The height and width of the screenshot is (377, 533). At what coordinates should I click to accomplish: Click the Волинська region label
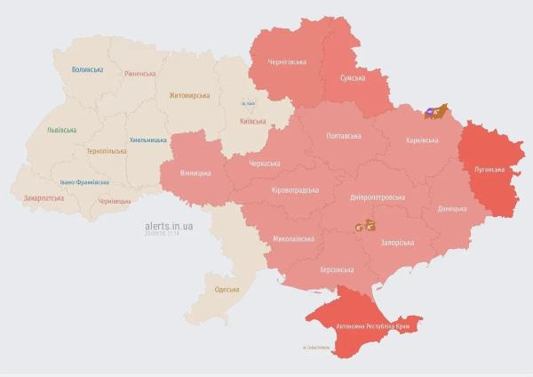[88, 69]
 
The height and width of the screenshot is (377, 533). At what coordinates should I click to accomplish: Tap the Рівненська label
[139, 74]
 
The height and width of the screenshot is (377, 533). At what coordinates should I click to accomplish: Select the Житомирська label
[188, 95]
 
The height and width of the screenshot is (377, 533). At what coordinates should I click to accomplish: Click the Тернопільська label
[106, 151]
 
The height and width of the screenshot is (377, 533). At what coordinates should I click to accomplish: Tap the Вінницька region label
[195, 172]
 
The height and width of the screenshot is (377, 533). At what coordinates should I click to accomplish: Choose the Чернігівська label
[287, 62]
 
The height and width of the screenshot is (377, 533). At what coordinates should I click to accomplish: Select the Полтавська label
[344, 136]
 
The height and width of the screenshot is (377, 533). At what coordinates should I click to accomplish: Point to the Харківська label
[421, 140]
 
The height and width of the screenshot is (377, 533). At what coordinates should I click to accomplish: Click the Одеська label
[228, 290]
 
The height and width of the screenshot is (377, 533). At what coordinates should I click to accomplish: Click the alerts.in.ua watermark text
[169, 226]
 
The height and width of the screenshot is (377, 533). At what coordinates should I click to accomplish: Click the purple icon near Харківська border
[431, 111]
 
